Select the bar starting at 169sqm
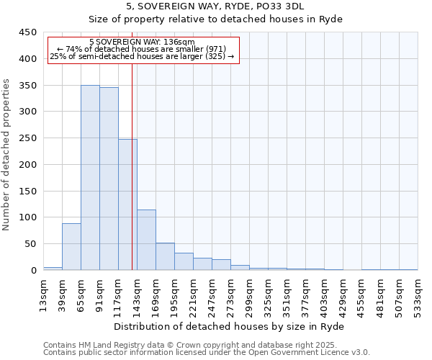click(x=165, y=257)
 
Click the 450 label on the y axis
click(x=27, y=32)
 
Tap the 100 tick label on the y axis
click(x=27, y=217)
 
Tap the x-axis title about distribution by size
click(x=230, y=326)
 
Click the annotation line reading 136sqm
click(x=142, y=42)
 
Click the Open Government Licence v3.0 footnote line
click(x=207, y=352)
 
